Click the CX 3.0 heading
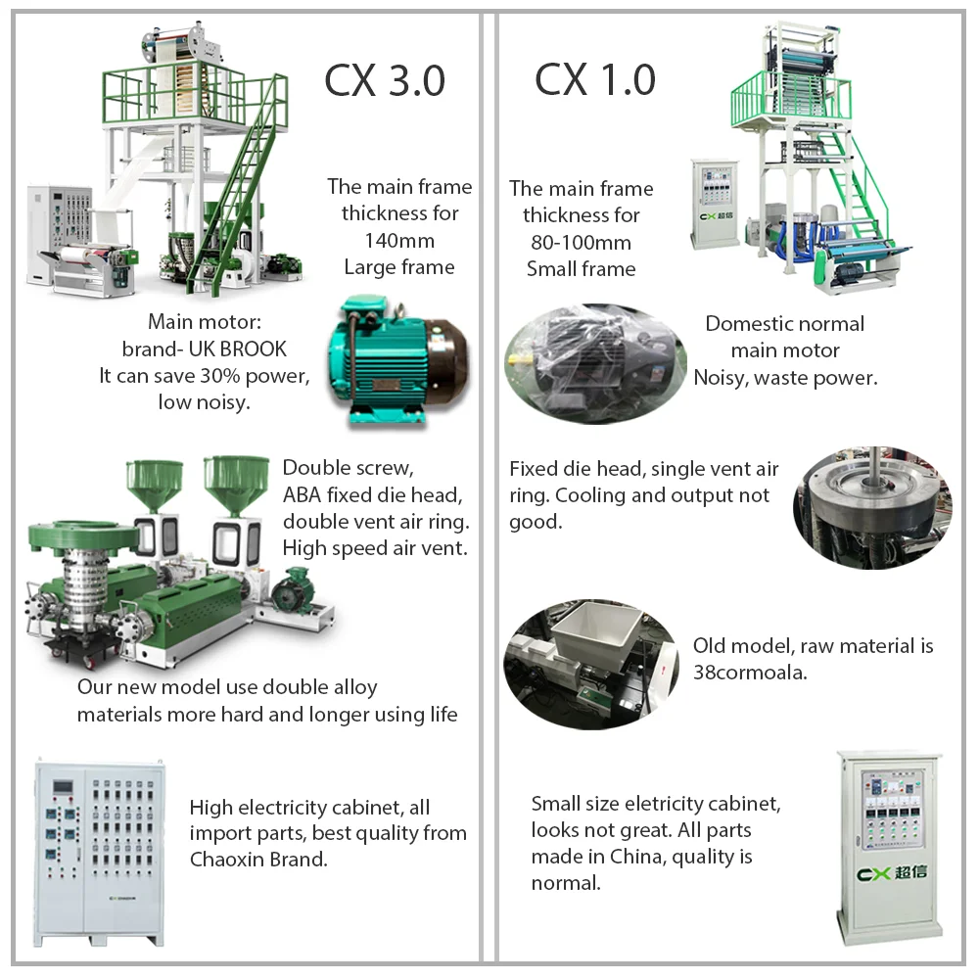385,81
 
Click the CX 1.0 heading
594,80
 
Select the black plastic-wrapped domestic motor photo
594,362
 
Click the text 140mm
399,240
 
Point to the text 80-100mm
581,242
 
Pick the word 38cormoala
750,673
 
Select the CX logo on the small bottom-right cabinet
886,874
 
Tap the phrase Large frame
399,266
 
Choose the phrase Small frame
581,268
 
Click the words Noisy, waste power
785,377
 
